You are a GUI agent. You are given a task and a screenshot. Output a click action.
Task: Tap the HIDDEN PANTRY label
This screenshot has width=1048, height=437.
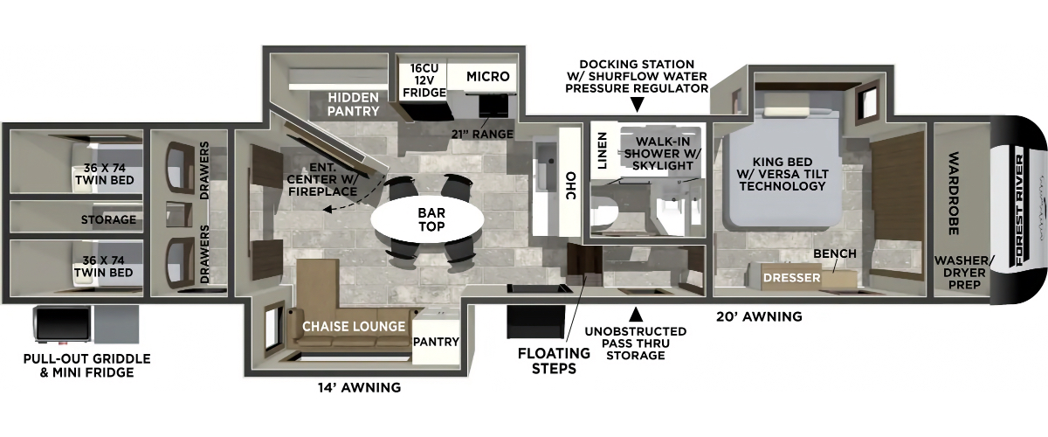coord(353,104)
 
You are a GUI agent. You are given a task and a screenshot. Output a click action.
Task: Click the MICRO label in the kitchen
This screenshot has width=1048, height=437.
coord(487,76)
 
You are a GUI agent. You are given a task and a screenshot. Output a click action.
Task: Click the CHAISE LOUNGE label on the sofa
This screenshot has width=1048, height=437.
coord(354,326)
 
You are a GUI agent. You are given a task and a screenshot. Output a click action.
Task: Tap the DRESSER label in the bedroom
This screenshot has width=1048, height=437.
coord(791,278)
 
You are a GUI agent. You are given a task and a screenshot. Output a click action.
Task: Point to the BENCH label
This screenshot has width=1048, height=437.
coord(835,253)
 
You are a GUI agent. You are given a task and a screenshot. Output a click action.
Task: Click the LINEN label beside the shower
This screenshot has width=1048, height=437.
coord(602,150)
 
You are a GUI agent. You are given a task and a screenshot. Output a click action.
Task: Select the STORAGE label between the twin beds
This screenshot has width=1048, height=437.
coord(108,219)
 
